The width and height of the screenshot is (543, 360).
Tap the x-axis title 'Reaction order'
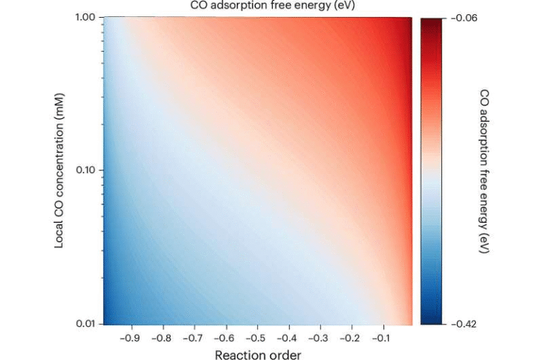coord(257,354)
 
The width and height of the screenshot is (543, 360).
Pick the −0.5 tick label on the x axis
coord(257,338)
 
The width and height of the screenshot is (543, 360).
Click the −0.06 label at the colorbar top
coord(463,18)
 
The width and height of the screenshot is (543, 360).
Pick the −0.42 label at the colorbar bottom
coord(463,324)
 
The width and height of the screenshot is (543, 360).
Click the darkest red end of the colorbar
coord(431,21)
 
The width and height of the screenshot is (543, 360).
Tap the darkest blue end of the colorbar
coord(431,320)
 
